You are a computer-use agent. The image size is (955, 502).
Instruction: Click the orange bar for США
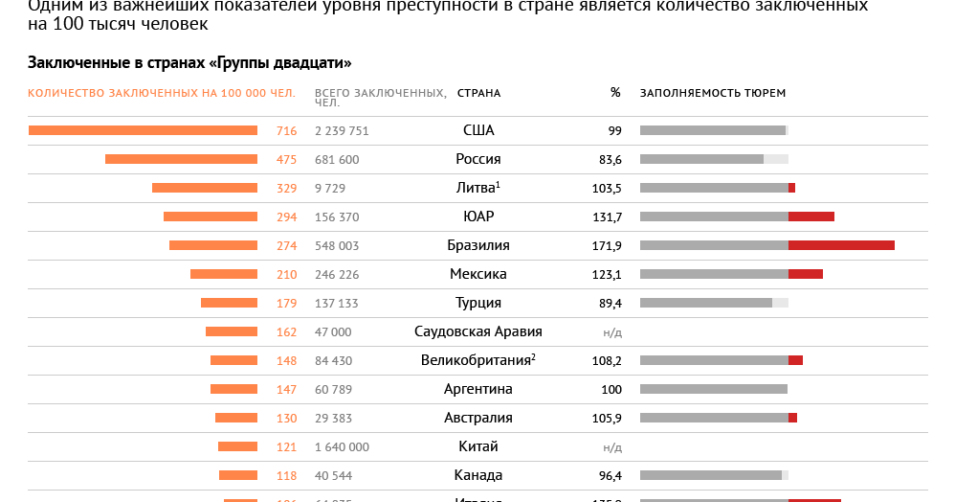(x=143, y=130)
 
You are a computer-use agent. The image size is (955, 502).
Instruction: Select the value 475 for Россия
(x=286, y=160)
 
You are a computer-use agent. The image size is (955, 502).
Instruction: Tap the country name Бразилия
(x=478, y=246)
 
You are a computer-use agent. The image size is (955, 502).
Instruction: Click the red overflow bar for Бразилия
(x=841, y=245)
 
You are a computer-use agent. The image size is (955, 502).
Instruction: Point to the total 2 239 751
(x=342, y=131)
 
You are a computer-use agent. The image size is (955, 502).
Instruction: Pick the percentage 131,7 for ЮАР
(x=607, y=217)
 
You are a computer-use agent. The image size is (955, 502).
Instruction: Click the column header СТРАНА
(x=478, y=93)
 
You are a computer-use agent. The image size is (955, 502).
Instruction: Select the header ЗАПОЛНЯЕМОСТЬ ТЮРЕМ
(x=713, y=93)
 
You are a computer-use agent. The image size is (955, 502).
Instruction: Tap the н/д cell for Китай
(x=612, y=447)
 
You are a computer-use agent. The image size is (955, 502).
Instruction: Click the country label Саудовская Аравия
(x=478, y=332)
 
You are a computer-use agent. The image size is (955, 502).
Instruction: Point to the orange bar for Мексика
(x=224, y=274)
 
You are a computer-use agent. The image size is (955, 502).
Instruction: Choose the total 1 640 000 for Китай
(x=342, y=447)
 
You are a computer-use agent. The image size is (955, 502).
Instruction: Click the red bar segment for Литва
(x=791, y=188)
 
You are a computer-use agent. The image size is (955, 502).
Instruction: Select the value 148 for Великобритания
(x=286, y=361)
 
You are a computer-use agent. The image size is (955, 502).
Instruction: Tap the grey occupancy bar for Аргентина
(x=713, y=389)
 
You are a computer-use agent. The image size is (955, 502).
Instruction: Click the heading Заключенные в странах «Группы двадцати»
(x=189, y=63)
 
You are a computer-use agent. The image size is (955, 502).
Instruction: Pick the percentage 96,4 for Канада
(x=609, y=476)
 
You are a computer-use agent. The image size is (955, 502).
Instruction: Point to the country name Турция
(x=478, y=304)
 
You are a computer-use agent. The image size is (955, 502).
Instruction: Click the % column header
(x=615, y=93)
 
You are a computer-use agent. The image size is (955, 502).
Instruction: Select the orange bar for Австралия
(x=236, y=418)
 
